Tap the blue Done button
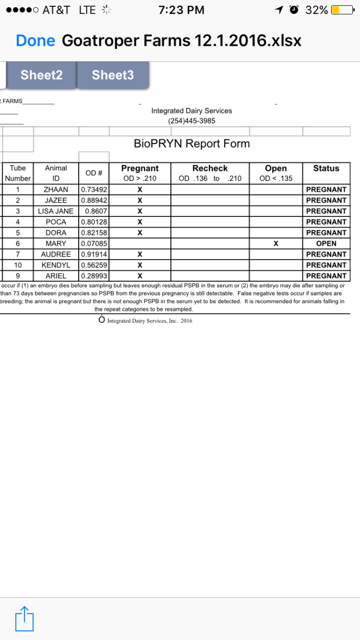pos(35,41)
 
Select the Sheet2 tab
pos(41,75)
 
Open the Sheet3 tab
pos(113,75)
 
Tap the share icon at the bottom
pos(24,618)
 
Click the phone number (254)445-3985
pos(191,121)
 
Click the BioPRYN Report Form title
pos(192,144)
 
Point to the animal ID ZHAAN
pos(56,189)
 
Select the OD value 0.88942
pos(94,200)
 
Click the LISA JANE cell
pos(56,211)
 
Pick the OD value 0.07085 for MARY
pos(94,243)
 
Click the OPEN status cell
pos(326,243)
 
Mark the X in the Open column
pos(276,243)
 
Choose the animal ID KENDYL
pos(56,265)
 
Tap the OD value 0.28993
pos(94,276)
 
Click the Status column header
pos(326,168)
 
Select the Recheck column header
pos(210,168)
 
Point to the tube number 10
pos(18,265)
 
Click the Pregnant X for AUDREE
pos(140,254)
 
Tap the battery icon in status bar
pos(341,10)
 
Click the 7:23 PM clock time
pos(182,10)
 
